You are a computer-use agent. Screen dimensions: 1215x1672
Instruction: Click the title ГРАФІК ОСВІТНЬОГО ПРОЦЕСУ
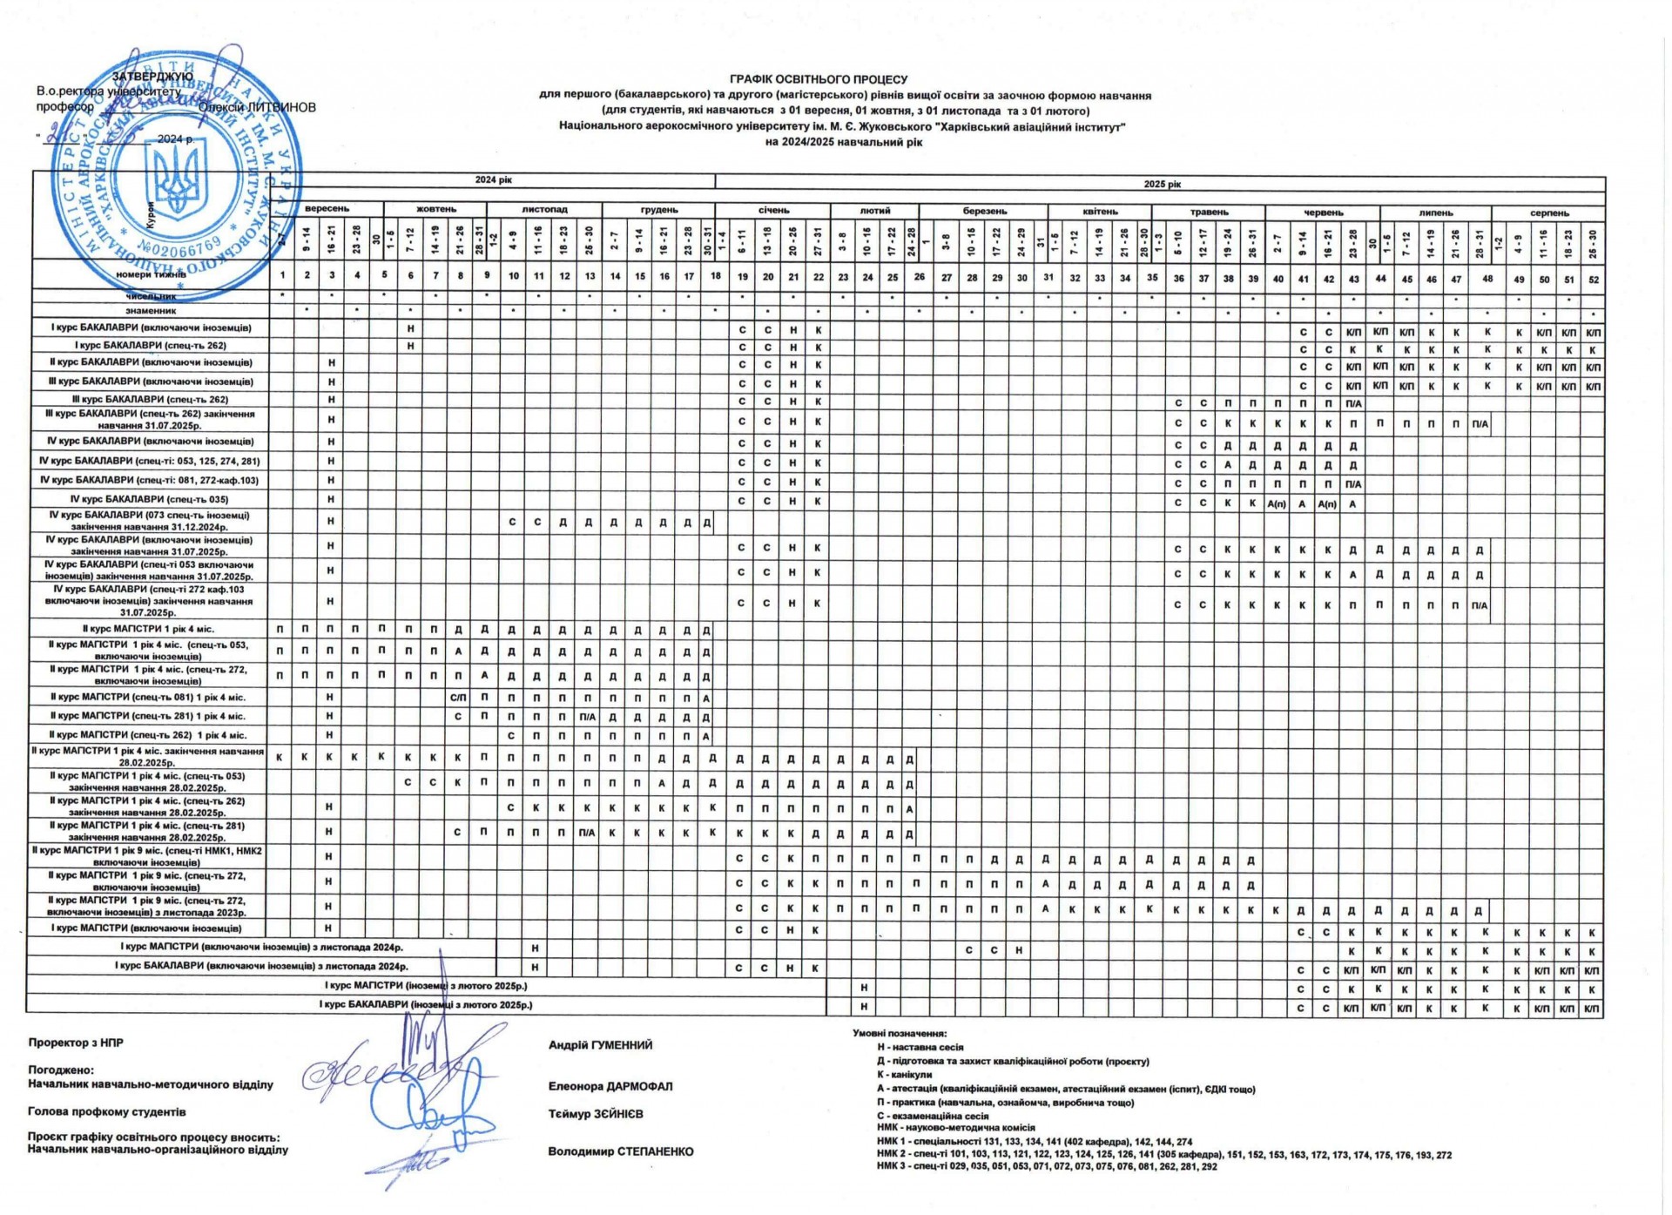tap(818, 79)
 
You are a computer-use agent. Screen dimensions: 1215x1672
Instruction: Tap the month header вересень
tap(327, 210)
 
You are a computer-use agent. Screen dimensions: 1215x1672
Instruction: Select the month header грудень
tap(658, 210)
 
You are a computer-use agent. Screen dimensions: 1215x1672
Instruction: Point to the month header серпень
tap(1549, 213)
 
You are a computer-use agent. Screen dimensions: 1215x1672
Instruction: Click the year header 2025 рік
tap(1161, 184)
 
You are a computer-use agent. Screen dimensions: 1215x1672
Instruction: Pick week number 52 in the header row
tap(1593, 279)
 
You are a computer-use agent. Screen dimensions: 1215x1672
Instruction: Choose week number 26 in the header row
tap(920, 278)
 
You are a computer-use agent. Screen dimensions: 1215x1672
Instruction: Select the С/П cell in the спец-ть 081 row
tap(458, 698)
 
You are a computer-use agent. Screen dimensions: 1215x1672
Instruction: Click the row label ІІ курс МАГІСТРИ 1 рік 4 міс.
tap(148, 629)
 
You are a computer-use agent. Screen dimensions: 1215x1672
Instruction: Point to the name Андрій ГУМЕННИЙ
tap(600, 1045)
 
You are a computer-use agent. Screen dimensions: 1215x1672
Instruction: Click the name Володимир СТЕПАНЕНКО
tap(620, 1151)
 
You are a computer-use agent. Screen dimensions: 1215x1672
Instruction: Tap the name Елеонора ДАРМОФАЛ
tap(610, 1086)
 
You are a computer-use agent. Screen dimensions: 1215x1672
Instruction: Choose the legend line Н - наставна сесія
tap(920, 1047)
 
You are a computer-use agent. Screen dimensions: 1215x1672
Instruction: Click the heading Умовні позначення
tap(899, 1033)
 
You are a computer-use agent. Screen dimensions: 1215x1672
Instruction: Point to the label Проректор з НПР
tap(76, 1043)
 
